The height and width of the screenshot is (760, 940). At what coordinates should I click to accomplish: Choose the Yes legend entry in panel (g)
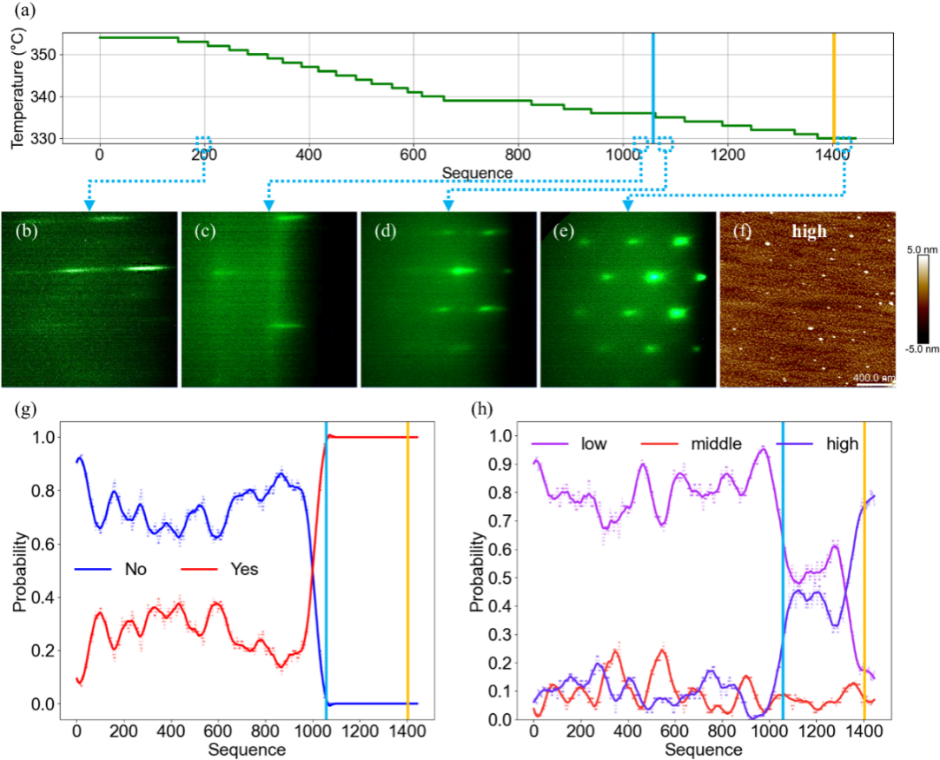click(x=242, y=570)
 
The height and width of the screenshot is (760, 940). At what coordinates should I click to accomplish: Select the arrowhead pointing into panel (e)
click(x=626, y=205)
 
